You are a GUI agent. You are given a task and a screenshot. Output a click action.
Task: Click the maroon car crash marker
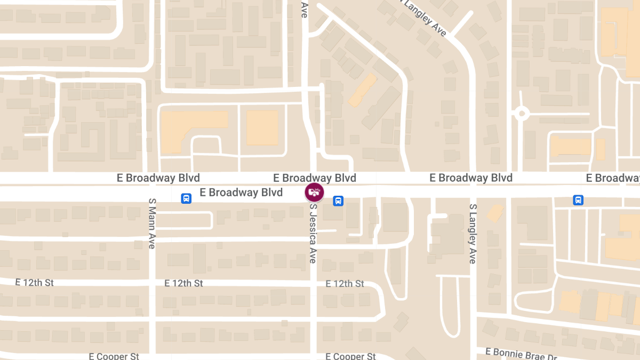(x=314, y=192)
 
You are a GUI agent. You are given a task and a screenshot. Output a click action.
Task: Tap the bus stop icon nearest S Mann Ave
(x=186, y=198)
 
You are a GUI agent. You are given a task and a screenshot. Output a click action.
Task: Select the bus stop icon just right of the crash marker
(x=338, y=201)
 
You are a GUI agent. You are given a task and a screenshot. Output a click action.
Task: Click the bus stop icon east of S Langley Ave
(x=578, y=200)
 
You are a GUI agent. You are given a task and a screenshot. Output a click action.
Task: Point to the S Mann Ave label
(x=152, y=223)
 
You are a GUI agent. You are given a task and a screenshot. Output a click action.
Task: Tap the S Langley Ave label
(x=473, y=234)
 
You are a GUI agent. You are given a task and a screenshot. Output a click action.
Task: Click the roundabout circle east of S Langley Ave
(x=521, y=113)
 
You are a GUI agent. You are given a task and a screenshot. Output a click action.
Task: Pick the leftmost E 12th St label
(x=35, y=282)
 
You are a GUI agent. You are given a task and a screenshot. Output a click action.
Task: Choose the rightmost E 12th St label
(x=345, y=283)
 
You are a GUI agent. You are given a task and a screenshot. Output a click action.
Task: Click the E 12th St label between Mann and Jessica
(x=183, y=283)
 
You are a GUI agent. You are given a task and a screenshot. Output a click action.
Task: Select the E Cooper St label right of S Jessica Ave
(x=350, y=356)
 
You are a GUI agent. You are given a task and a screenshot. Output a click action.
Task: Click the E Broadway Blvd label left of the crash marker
(x=241, y=193)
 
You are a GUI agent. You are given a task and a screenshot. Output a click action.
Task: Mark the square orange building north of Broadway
(x=262, y=127)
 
